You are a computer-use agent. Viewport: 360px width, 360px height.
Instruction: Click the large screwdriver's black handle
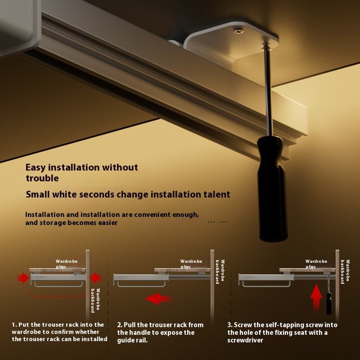tap(272, 189)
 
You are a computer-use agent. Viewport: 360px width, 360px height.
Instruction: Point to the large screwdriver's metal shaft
tap(268, 92)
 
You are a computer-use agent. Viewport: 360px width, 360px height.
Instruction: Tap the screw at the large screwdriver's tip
tap(266, 46)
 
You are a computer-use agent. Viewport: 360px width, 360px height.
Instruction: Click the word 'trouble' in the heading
tap(42, 178)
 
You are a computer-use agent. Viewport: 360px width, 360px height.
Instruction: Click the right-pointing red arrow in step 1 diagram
tap(23, 278)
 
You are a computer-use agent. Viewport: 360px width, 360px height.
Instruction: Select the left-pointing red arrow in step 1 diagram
tap(95, 278)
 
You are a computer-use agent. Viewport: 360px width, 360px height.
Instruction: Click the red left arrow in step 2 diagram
tap(158, 299)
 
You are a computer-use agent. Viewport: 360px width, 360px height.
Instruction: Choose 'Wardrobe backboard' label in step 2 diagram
tap(220, 272)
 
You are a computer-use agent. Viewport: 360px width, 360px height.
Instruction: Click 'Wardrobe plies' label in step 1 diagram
tap(66, 264)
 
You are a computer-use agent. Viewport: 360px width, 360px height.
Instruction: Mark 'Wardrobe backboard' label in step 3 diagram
tap(345, 272)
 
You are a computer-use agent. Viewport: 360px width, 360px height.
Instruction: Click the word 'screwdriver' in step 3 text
tap(245, 340)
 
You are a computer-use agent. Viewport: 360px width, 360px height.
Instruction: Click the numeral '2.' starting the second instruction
tap(120, 325)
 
